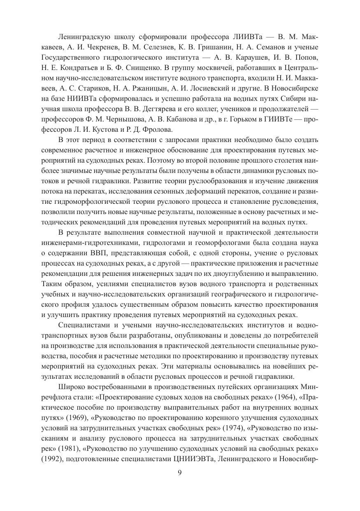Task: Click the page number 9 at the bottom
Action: (x=180, y=472)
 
